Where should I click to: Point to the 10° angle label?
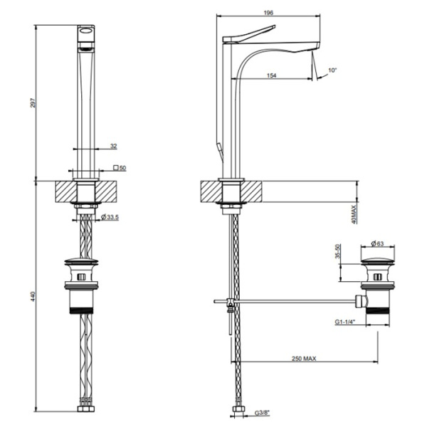(333, 70)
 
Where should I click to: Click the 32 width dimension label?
(113, 145)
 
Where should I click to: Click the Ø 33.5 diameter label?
(110, 216)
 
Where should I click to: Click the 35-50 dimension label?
(339, 253)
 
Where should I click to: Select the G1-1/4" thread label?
(347, 321)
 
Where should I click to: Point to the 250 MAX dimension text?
(303, 359)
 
